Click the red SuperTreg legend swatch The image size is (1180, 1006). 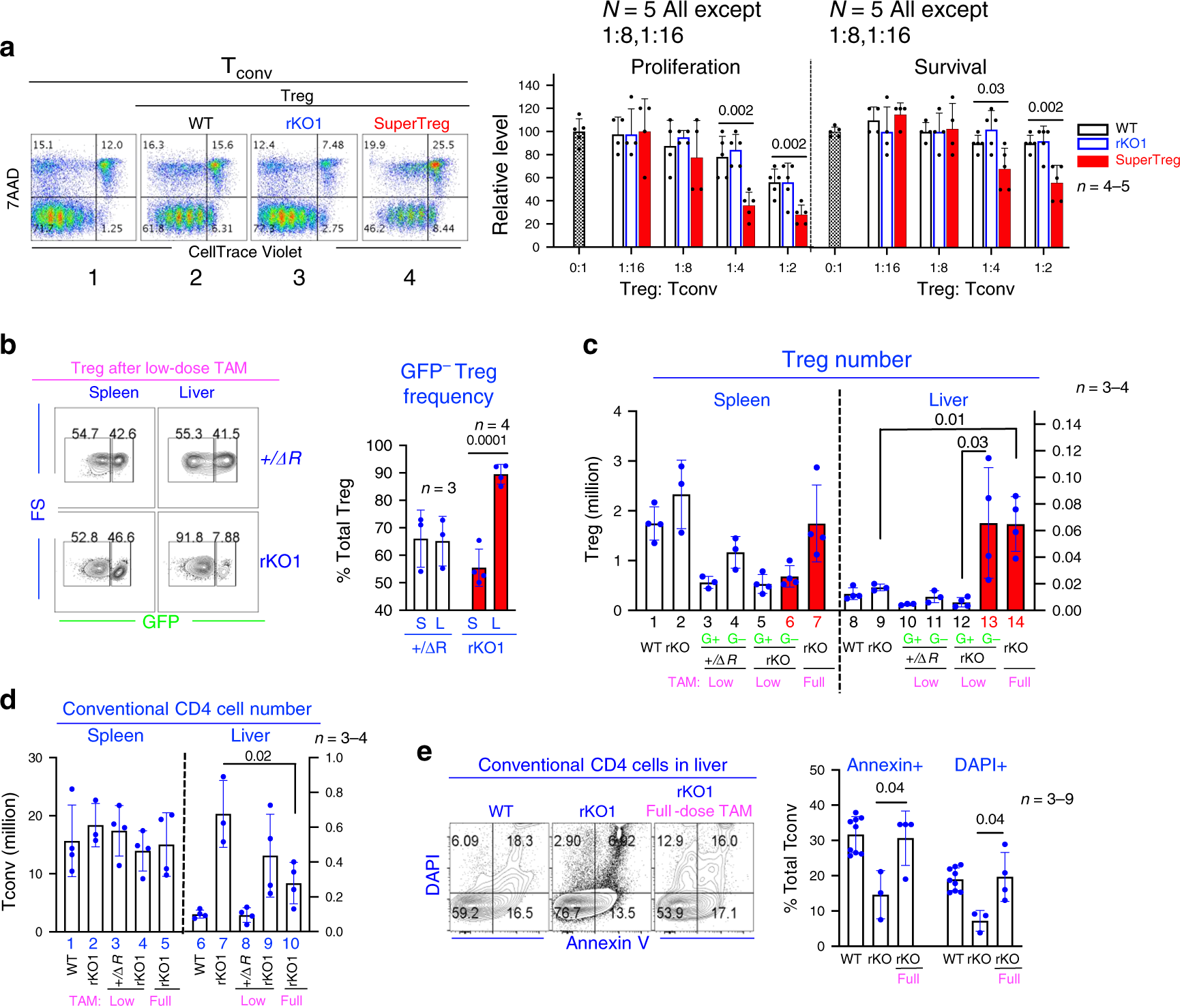(x=1092, y=161)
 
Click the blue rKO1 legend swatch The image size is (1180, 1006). (x=1092, y=144)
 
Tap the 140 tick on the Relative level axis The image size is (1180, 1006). (x=529, y=86)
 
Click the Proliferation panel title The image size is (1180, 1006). (x=685, y=67)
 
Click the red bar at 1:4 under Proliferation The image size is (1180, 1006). (x=748, y=226)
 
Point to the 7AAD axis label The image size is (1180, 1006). (x=13, y=188)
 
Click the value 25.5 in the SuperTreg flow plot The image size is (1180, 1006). (x=443, y=145)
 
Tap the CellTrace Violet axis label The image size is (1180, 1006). (x=245, y=252)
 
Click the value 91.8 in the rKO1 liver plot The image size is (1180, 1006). (x=190, y=537)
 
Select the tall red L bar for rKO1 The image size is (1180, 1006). (x=501, y=542)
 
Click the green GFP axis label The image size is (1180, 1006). (x=160, y=622)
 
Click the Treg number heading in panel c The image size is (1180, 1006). (x=846, y=359)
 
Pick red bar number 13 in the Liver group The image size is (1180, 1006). (x=988, y=566)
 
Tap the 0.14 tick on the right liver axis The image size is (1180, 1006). (x=1066, y=425)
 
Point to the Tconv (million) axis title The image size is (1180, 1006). (x=9, y=850)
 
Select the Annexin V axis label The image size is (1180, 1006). (x=607, y=943)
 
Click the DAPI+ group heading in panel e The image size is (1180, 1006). (x=980, y=765)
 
